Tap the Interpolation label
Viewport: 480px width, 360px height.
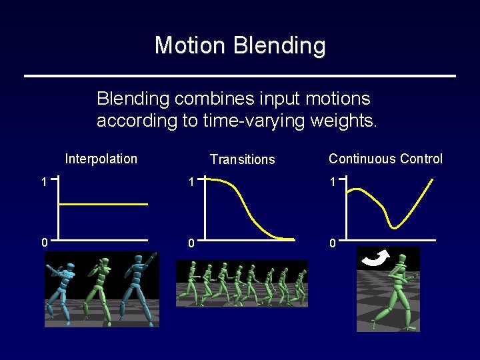101,159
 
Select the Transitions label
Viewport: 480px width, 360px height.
242,159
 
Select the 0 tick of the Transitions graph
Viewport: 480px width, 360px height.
191,243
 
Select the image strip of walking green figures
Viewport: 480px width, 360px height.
242,283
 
